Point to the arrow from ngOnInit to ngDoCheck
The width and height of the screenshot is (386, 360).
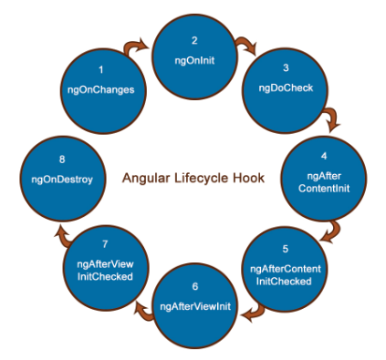245,44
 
